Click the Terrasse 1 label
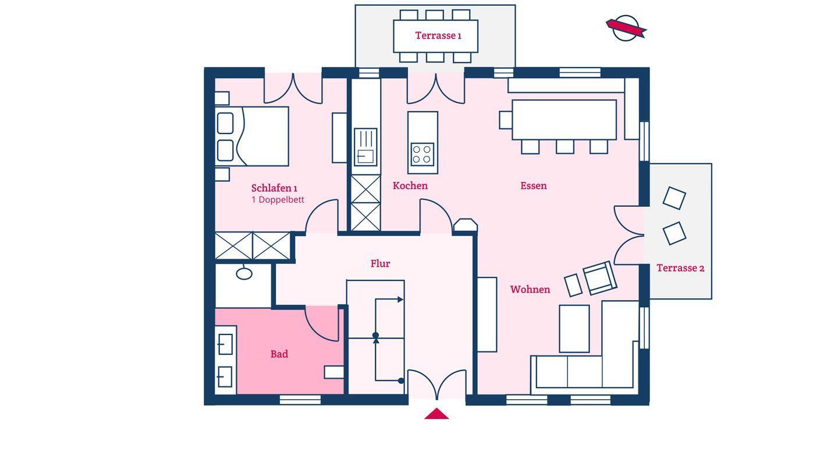coord(438,36)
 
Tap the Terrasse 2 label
coord(680,268)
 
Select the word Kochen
coord(410,186)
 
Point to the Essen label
coord(534,186)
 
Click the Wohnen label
coord(530,290)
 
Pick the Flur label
coord(380,264)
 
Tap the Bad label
coord(279,354)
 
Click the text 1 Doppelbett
coord(278,200)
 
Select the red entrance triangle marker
coord(436,414)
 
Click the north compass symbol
coord(626,28)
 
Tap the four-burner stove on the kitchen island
coord(422,154)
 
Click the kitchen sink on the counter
coord(365,147)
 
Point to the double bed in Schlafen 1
coord(252,136)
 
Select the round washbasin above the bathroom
coord(244,273)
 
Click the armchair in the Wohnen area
coord(599,278)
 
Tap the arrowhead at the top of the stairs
coord(400,300)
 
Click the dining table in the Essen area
coord(564,120)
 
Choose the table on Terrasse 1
coord(435,36)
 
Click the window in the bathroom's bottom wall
coord(300,400)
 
